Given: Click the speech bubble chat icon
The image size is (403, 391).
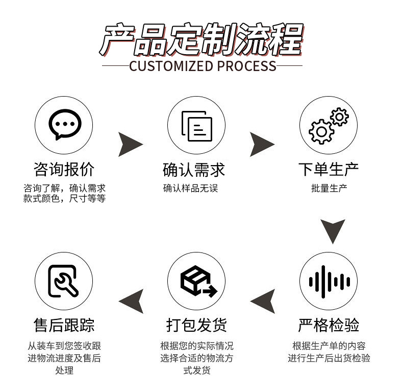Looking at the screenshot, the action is [x=64, y=125].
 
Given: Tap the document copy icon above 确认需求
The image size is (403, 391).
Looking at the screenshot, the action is [x=196, y=126].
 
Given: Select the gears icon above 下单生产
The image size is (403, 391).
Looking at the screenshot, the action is [x=328, y=126].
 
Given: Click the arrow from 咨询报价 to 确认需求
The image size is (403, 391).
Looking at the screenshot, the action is [x=130, y=144].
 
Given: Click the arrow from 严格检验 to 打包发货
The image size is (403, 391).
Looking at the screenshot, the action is [x=263, y=301].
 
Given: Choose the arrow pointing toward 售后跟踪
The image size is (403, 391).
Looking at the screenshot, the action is [x=132, y=301].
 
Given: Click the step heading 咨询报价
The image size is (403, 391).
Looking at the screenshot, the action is [x=64, y=170].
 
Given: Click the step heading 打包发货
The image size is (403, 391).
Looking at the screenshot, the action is [x=196, y=325].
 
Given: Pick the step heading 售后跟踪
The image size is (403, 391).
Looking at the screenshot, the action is [x=64, y=325].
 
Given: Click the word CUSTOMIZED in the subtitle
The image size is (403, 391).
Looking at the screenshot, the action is [x=171, y=66].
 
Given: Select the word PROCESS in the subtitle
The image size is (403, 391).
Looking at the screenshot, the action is [x=246, y=66].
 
